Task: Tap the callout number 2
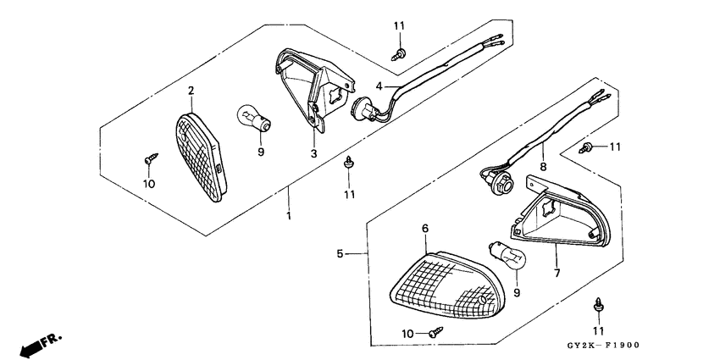191,91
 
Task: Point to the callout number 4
380,85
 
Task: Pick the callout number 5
340,252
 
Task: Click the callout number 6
425,228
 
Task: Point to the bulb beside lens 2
254,118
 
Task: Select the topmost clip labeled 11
397,54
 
